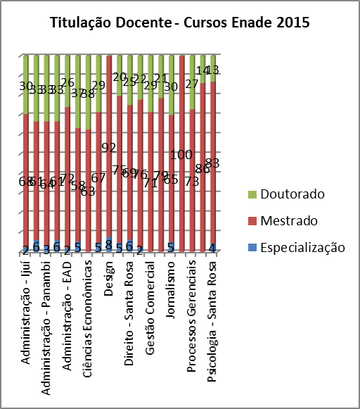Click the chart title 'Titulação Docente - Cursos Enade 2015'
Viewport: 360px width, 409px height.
[x=180, y=23]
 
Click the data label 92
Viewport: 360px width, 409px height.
[x=109, y=147]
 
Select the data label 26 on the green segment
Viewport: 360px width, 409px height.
[x=68, y=82]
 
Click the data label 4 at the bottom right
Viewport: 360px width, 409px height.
[x=212, y=247]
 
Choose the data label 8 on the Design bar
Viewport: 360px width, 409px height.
[x=108, y=244]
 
